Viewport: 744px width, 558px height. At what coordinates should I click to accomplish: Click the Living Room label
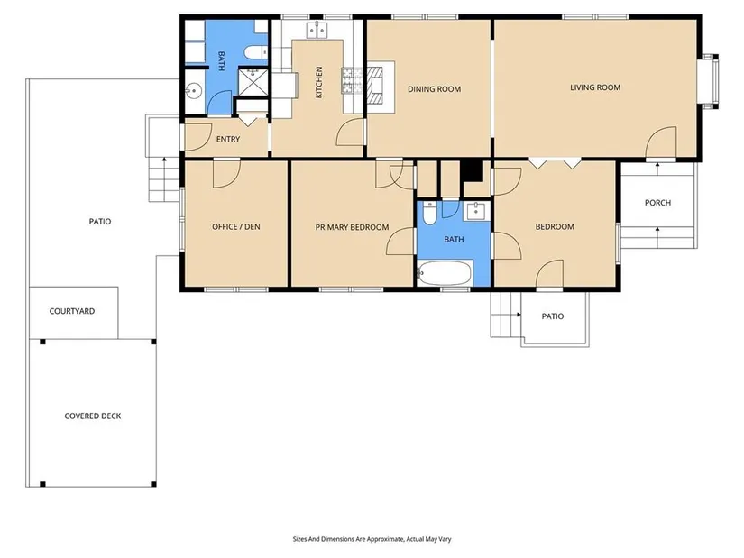coord(595,87)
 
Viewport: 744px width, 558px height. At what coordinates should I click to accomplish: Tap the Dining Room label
coord(434,88)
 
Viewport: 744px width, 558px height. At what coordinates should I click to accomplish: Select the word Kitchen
coord(319,82)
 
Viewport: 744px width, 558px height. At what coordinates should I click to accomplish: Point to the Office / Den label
coord(235,227)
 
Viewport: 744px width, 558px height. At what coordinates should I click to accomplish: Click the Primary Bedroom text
coord(352,227)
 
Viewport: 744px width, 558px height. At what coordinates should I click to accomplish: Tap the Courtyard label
coord(72,311)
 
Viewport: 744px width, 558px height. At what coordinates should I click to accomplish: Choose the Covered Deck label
coord(93,416)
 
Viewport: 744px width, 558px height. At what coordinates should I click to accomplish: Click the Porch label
coord(657,203)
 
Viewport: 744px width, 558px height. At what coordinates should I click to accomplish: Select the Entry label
coord(228,139)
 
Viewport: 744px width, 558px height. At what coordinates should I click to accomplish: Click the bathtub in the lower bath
coord(445,273)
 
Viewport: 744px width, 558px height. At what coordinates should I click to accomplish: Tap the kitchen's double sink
coord(317,30)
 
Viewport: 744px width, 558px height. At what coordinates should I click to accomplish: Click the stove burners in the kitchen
coord(352,79)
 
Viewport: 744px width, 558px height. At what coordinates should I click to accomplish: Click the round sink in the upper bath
coord(194,90)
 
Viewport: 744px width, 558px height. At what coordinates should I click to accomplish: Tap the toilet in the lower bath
coord(429,213)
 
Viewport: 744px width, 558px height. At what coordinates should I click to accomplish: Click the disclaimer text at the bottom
coord(372,539)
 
